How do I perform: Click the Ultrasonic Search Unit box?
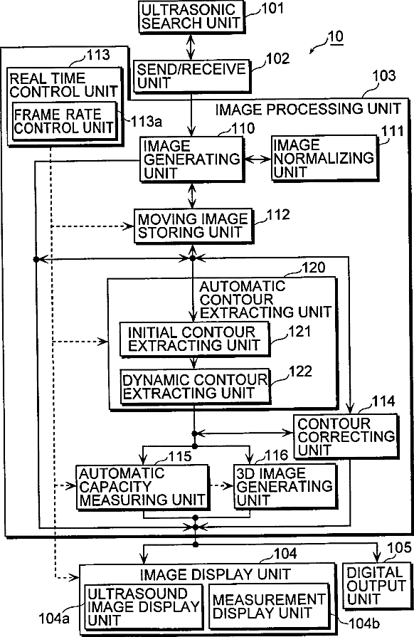point(191,16)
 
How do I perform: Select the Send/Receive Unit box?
point(191,76)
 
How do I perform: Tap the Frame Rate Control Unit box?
point(65,122)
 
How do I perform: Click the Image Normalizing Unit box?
point(324,158)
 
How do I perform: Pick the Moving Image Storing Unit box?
point(193,226)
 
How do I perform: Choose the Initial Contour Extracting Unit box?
point(194,339)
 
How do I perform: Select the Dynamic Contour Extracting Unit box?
point(195,386)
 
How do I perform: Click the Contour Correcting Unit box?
point(346,436)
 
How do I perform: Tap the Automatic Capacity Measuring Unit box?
point(142,487)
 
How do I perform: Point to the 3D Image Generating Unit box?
point(285,486)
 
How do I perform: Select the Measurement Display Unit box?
point(269,606)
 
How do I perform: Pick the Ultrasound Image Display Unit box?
point(143,607)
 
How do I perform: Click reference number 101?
point(272,9)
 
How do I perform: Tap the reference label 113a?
point(147,121)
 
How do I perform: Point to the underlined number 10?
point(335,36)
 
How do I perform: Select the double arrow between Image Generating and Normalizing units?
point(258,159)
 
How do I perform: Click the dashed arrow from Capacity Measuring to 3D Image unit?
point(222,486)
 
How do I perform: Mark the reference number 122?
point(300,372)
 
